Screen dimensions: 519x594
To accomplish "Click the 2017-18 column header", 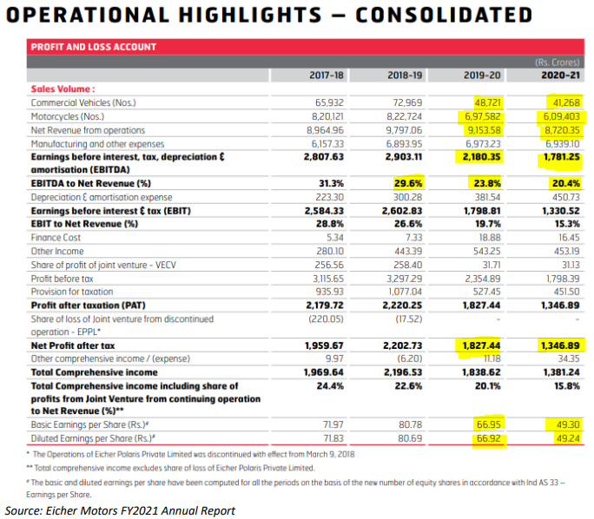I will (327, 76).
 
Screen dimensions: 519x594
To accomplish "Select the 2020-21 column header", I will (561, 76).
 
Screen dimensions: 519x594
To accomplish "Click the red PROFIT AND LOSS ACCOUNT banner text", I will (94, 47).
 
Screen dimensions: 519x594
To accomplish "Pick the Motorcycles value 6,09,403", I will (559, 115).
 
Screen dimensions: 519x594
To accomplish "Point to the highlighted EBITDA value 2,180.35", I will (478, 156).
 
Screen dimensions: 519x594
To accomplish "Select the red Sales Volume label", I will (63, 89).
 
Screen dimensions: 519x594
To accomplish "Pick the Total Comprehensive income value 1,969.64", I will (325, 371).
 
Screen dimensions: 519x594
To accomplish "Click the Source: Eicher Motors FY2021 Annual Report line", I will (120, 509).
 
